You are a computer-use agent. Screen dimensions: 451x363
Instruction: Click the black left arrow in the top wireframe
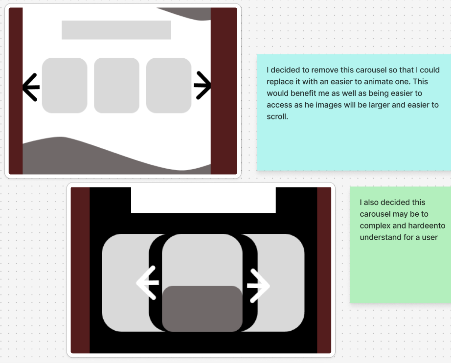31,87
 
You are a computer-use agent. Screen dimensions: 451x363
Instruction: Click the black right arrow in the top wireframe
203,86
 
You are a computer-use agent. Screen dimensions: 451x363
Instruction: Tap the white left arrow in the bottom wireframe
148,283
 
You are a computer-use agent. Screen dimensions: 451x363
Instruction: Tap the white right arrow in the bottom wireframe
258,286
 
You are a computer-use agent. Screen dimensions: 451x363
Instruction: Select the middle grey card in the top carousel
116,86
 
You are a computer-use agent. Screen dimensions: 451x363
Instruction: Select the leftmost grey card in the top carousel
65,86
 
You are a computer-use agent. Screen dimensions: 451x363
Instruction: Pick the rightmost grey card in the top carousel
169,86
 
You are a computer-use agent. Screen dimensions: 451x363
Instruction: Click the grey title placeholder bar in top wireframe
116,30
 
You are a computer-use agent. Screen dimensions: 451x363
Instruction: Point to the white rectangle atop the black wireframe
203,200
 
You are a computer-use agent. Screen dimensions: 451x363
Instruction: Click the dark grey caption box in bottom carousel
202,309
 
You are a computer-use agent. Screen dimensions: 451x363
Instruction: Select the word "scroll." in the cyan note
277,116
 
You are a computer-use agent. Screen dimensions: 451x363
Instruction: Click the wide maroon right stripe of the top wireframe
224,91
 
